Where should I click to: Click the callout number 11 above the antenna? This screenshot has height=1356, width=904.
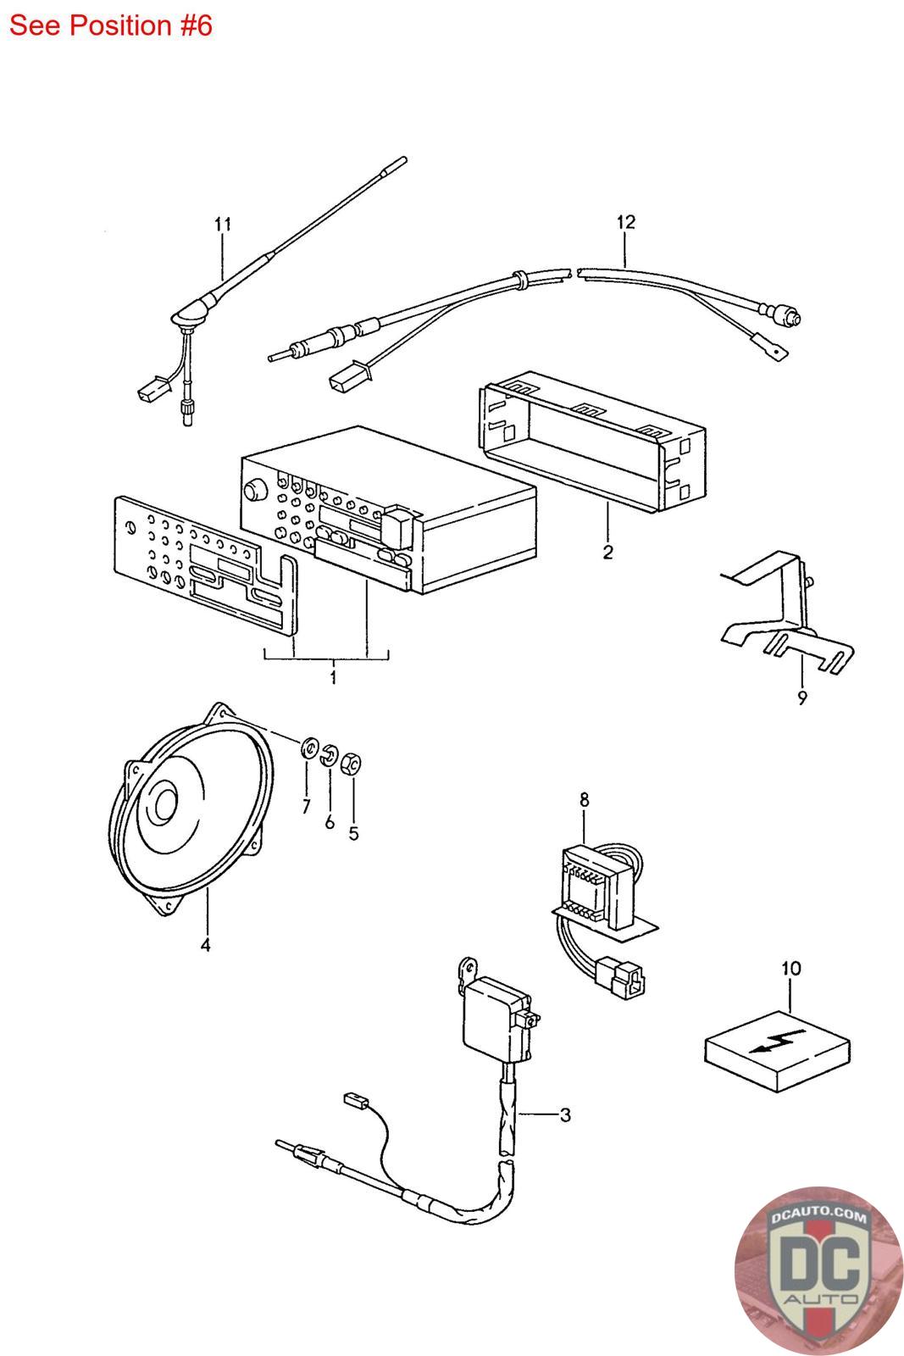click(x=223, y=224)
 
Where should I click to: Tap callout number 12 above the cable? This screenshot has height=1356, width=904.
click(x=625, y=222)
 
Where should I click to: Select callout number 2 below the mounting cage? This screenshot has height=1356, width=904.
click(x=607, y=552)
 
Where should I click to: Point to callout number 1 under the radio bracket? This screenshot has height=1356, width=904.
click(x=333, y=677)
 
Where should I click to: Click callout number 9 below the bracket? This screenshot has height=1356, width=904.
click(x=802, y=698)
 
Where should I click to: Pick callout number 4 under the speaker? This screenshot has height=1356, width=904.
click(x=206, y=945)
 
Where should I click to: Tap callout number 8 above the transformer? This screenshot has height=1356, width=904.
click(x=584, y=800)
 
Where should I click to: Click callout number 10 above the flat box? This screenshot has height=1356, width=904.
click(x=790, y=969)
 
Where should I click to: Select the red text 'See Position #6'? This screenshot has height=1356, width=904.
click(x=111, y=25)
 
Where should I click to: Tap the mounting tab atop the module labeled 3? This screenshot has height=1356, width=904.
click(x=469, y=970)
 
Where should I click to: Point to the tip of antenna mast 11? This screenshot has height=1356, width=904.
click(x=403, y=160)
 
